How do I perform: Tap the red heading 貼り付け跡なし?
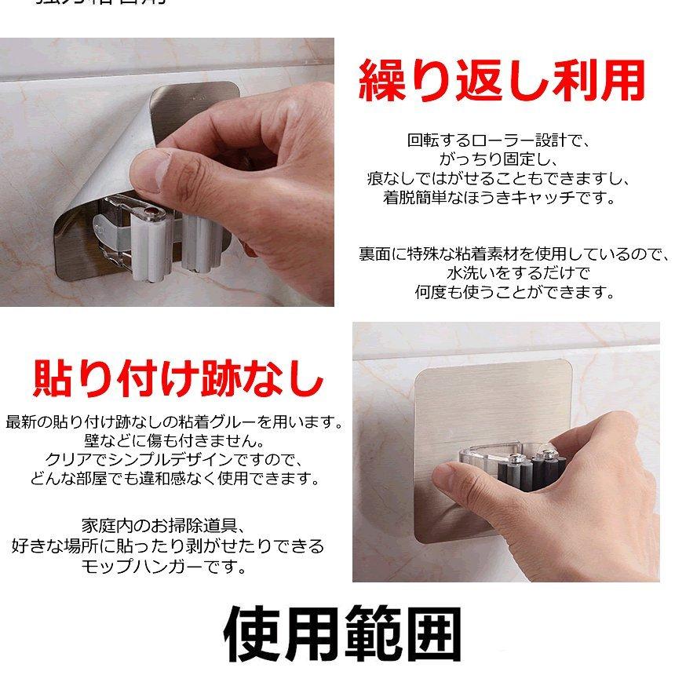[x=177, y=378]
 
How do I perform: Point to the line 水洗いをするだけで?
[x=514, y=273]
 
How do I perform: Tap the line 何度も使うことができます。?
[x=514, y=292]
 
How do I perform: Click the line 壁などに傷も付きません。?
[x=173, y=440]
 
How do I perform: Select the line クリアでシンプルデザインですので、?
[x=173, y=459]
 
